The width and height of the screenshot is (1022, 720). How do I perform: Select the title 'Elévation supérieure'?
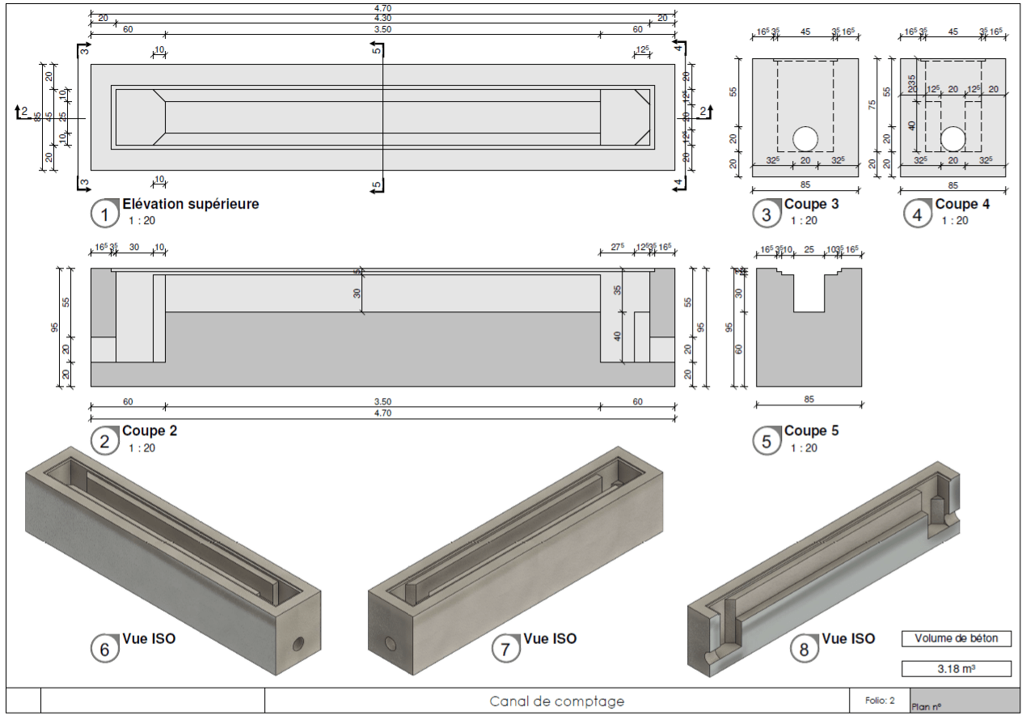click(191, 204)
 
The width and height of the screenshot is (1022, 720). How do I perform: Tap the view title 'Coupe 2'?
click(150, 431)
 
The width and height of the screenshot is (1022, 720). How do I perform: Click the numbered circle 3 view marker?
click(766, 214)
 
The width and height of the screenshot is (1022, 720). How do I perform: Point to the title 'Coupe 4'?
click(962, 204)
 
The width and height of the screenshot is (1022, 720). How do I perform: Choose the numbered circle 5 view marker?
click(766, 441)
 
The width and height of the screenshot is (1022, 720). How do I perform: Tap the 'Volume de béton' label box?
click(957, 638)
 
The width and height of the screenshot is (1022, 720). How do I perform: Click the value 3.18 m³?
click(957, 669)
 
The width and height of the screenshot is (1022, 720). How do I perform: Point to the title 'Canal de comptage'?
click(557, 701)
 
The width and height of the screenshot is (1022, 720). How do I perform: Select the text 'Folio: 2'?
click(879, 701)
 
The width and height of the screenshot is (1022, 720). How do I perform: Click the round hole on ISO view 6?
click(298, 644)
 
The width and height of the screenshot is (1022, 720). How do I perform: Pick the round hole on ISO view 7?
click(391, 644)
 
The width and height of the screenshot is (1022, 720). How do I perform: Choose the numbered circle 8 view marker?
click(805, 649)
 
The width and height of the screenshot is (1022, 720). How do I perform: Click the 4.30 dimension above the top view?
click(382, 18)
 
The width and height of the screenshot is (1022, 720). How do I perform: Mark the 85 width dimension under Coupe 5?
click(809, 399)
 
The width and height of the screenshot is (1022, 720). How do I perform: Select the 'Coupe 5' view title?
click(811, 431)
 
